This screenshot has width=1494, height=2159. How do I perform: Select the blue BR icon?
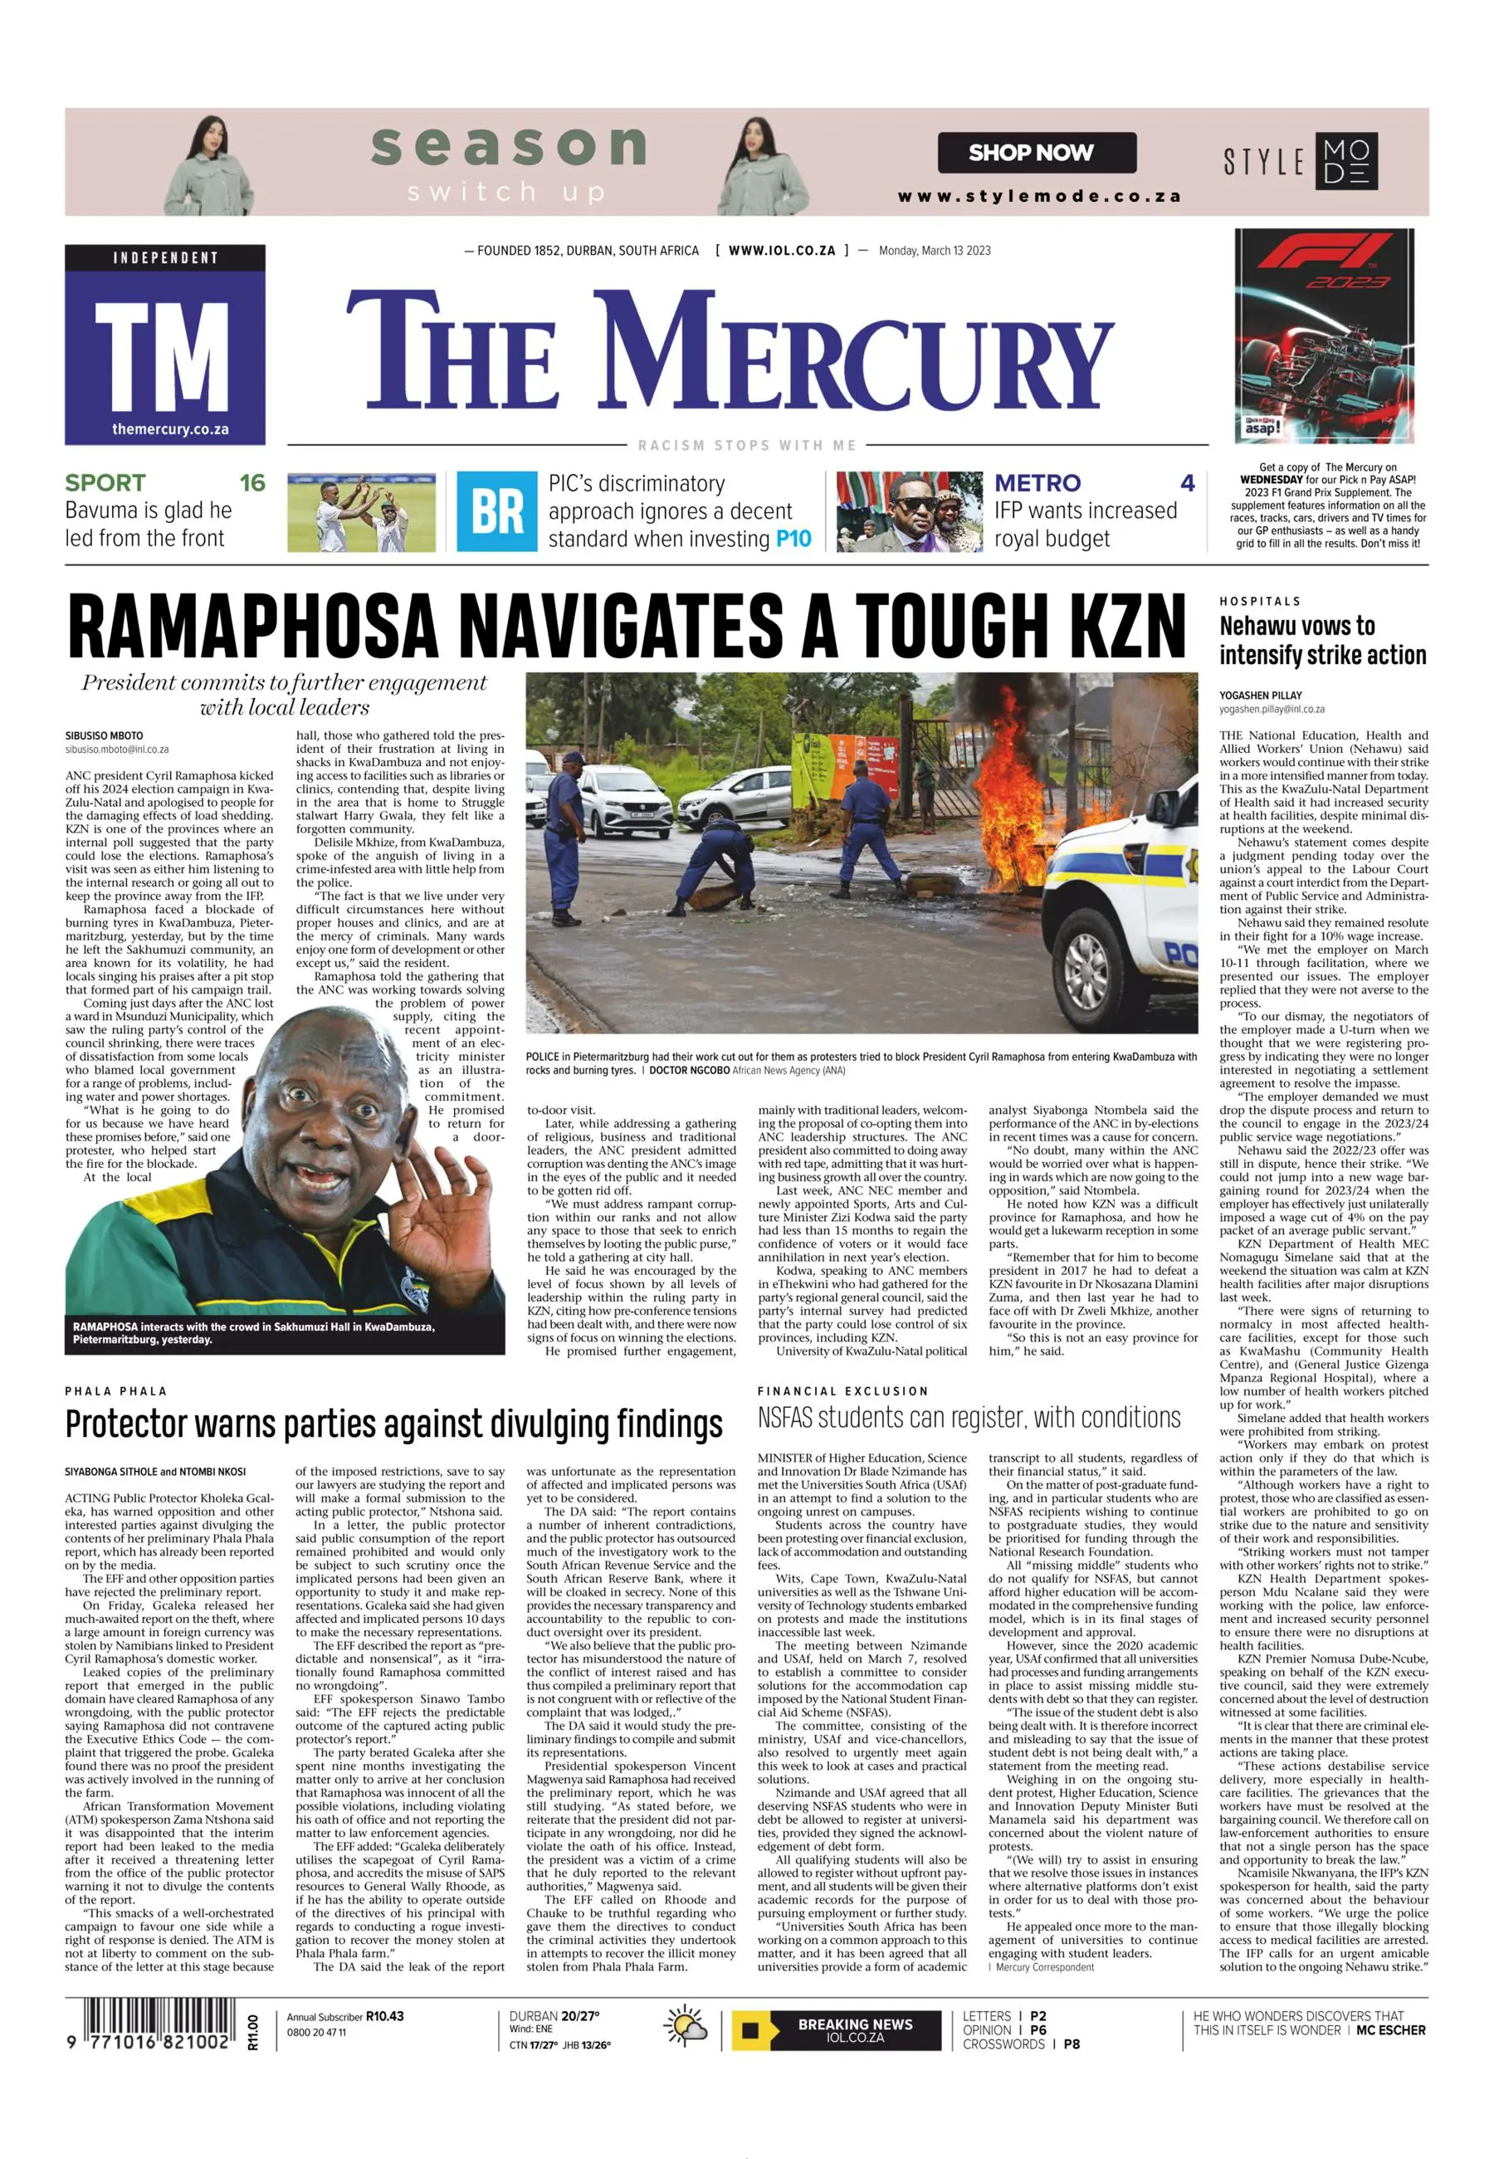pos(497,512)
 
